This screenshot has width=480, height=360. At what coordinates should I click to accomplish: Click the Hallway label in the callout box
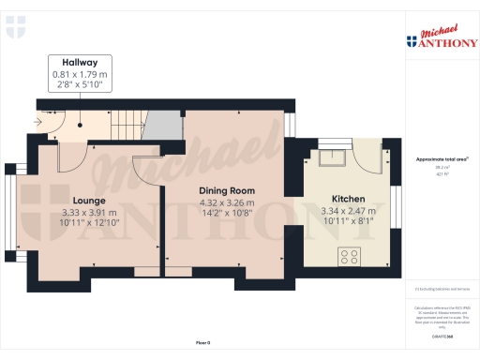[81, 62]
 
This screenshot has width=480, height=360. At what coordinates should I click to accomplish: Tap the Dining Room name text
[226, 190]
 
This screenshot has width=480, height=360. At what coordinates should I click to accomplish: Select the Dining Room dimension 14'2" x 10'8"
[226, 213]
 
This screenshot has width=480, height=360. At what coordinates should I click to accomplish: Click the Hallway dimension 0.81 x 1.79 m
[81, 74]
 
